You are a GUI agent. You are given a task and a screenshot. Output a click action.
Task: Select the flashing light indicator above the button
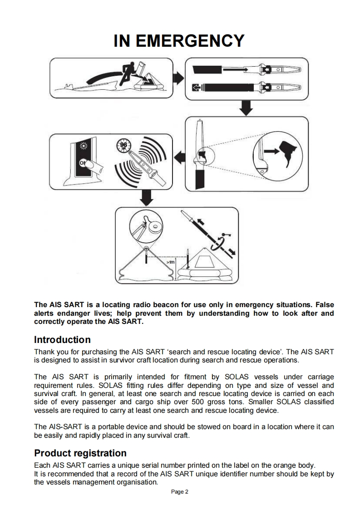[x=83, y=146]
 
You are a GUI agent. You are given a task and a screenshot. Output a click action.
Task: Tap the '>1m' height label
[x=171, y=262]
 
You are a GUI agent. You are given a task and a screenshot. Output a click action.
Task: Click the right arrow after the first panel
[x=180, y=77]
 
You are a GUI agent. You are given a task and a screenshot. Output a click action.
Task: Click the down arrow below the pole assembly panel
[x=246, y=108]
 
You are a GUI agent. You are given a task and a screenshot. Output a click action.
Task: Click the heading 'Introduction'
[x=62, y=340]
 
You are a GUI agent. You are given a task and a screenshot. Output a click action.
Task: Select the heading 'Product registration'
[x=80, y=453]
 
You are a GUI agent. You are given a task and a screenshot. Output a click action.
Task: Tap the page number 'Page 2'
[x=180, y=492]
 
